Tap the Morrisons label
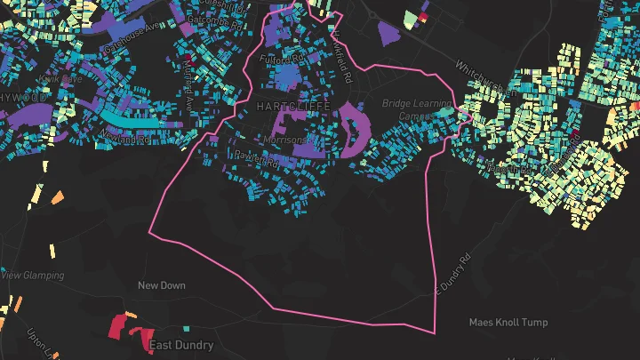click(285, 140)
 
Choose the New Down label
click(161, 285)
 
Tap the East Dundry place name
click(181, 345)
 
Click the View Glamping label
click(34, 276)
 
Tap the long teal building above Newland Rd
click(133, 116)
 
